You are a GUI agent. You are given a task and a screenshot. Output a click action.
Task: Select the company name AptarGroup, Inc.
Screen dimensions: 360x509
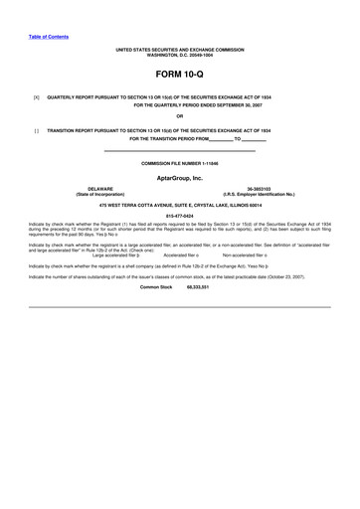[x=179, y=178]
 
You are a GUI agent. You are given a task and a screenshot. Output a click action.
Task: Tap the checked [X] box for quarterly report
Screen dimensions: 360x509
[x=36, y=97]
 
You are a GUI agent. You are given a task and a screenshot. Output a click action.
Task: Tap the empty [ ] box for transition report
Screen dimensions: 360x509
[x=36, y=130]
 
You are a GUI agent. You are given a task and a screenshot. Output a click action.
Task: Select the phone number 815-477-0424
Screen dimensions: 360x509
[x=179, y=213]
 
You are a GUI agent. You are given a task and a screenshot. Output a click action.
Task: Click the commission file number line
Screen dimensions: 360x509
[x=179, y=162]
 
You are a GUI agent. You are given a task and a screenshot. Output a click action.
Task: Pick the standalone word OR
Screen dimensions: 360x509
[x=179, y=116]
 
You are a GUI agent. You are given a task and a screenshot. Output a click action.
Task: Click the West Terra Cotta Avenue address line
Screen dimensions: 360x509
[x=179, y=203]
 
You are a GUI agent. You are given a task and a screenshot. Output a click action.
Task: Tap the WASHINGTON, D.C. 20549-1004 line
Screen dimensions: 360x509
[x=179, y=56]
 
